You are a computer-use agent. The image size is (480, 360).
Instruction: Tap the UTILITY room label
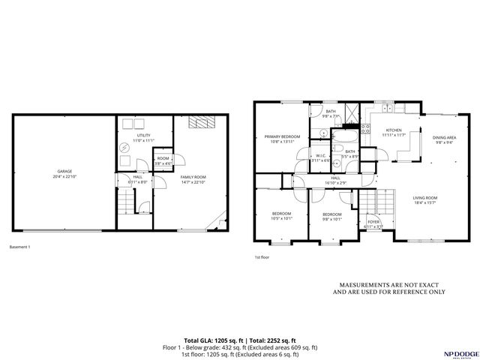click(x=142, y=135)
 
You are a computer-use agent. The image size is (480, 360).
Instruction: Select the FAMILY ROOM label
click(x=192, y=176)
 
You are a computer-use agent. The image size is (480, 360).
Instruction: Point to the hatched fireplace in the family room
click(x=199, y=124)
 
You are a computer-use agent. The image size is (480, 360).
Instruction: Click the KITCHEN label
click(x=394, y=130)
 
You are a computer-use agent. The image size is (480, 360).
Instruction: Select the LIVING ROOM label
click(x=424, y=198)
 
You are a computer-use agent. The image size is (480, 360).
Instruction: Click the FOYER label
click(x=373, y=222)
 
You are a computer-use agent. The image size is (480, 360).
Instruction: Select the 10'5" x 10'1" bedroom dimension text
click(x=282, y=220)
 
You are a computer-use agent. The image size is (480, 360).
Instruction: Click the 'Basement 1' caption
click(x=19, y=247)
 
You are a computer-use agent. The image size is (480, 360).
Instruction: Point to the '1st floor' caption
click(x=262, y=256)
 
